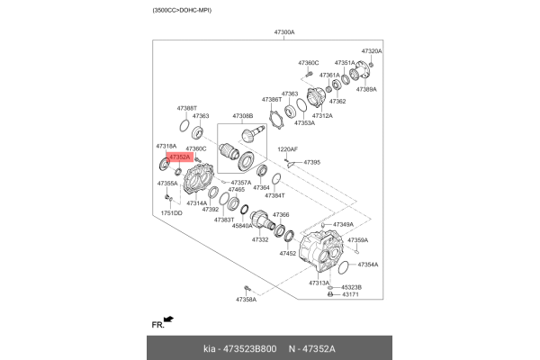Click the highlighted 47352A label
pyautogui.click(x=180, y=157)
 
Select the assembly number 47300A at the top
pyautogui.click(x=284, y=32)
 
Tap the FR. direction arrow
pyautogui.click(x=169, y=319)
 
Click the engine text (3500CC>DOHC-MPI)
pyautogui.click(x=182, y=10)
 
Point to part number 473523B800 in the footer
pyautogui.click(x=249, y=349)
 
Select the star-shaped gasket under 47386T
pyautogui.click(x=276, y=119)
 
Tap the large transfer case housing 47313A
pyautogui.click(x=320, y=250)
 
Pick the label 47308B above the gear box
pyautogui.click(x=243, y=116)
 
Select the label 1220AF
pyautogui.click(x=288, y=149)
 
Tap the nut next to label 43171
pyautogui.click(x=330, y=294)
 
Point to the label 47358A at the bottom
pyautogui.click(x=247, y=300)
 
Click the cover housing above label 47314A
pyautogui.click(x=198, y=179)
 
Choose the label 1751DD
pyautogui.click(x=172, y=213)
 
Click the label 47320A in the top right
pyautogui.click(x=372, y=51)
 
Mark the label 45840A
pyautogui.click(x=242, y=226)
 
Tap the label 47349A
pyautogui.click(x=344, y=225)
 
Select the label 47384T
pyautogui.click(x=274, y=195)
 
